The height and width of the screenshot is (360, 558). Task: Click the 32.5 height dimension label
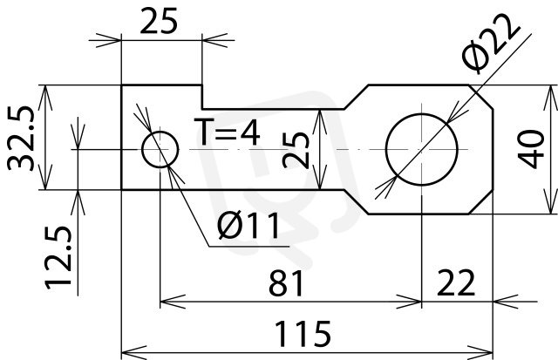point(21,139)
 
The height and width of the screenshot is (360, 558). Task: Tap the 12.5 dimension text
point(58,257)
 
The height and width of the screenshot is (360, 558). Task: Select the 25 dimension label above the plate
point(159,21)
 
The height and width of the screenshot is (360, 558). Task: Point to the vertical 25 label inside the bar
point(296,150)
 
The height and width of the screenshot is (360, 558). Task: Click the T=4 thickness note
point(227,132)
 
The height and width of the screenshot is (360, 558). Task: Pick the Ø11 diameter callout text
point(248,225)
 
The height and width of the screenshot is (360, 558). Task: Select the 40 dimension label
point(531,149)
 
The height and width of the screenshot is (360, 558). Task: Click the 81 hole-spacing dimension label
point(286,283)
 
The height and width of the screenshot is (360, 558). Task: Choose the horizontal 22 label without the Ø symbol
point(456,283)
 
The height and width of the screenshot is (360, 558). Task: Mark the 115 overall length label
point(303,334)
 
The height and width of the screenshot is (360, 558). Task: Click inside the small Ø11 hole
point(160,149)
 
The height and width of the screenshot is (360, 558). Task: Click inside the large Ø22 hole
point(422,149)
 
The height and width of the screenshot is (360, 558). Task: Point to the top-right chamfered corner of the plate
point(480,97)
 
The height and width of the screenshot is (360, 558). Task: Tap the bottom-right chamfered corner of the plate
point(480,202)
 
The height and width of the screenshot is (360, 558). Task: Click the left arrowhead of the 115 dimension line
point(133,352)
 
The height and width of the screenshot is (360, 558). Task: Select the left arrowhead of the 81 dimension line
point(173,302)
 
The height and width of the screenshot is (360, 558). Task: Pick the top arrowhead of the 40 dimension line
point(551,98)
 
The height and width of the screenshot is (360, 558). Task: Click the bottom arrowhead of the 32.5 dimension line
point(45,177)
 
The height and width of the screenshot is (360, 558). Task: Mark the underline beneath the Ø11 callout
point(248,246)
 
